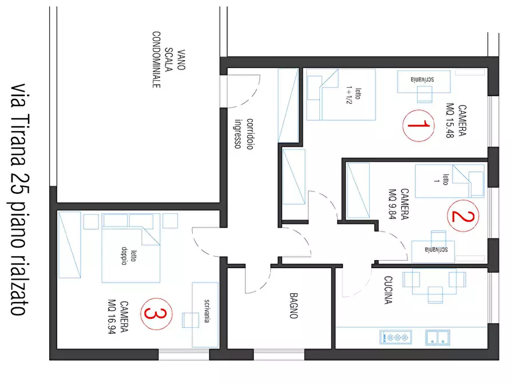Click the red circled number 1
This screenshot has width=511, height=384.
click(x=418, y=126)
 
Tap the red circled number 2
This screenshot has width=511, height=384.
click(x=463, y=216)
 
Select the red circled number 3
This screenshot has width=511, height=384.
click(x=156, y=314)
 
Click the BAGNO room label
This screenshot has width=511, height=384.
click(x=294, y=305)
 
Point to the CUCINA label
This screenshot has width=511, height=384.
click(x=388, y=290)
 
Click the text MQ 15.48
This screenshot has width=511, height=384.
click(x=450, y=120)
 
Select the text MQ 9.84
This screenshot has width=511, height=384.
click(x=393, y=204)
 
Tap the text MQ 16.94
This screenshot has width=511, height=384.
click(x=112, y=317)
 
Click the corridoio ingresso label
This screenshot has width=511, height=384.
click(x=244, y=134)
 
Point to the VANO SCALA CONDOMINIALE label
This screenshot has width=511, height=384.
click(x=168, y=60)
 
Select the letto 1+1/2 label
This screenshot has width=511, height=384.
click(x=354, y=95)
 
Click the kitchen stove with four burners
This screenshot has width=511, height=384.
click(x=395, y=338)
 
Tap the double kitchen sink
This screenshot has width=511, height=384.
click(x=438, y=338)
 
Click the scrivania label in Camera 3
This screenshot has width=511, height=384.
click(x=207, y=311)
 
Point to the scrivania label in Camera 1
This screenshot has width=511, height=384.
click(x=422, y=79)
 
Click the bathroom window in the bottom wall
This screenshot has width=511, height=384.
click(x=279, y=355)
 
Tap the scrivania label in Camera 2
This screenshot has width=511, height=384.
click(x=437, y=249)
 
